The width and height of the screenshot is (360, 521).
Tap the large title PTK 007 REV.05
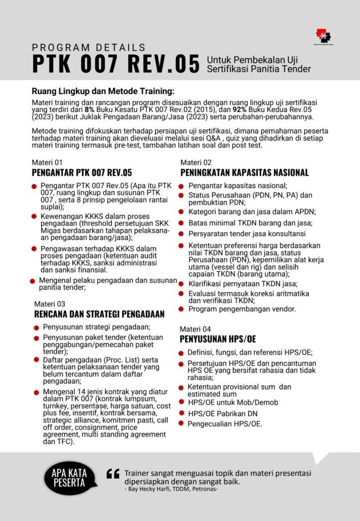click(x=115, y=65)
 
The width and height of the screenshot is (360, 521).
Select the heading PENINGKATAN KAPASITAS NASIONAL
click(x=245, y=172)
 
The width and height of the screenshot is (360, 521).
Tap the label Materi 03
click(x=48, y=304)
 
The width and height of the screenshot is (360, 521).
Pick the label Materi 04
click(x=196, y=329)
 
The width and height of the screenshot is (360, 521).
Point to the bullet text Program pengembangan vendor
click(x=242, y=309)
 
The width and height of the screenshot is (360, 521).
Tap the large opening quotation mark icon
click(x=112, y=474)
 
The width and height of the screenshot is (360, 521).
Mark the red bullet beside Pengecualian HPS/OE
click(x=182, y=423)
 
